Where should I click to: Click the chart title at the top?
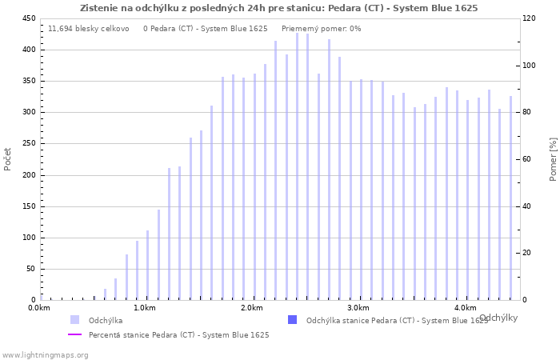(279, 8)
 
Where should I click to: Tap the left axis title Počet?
(8, 159)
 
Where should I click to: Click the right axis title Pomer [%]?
(553, 159)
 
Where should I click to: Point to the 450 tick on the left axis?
(28, 18)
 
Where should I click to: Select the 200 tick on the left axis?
(28, 175)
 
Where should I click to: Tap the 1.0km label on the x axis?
(145, 308)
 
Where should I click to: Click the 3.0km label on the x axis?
(358, 308)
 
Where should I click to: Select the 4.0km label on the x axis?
(465, 308)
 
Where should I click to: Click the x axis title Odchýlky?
(498, 318)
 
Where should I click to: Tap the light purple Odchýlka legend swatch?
(74, 320)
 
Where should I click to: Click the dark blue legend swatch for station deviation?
(292, 320)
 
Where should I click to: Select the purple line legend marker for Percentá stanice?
(74, 334)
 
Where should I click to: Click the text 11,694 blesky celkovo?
(88, 29)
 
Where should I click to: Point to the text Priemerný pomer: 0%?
(321, 29)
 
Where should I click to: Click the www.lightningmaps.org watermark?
(44, 354)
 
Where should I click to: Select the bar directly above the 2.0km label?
(254, 187)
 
